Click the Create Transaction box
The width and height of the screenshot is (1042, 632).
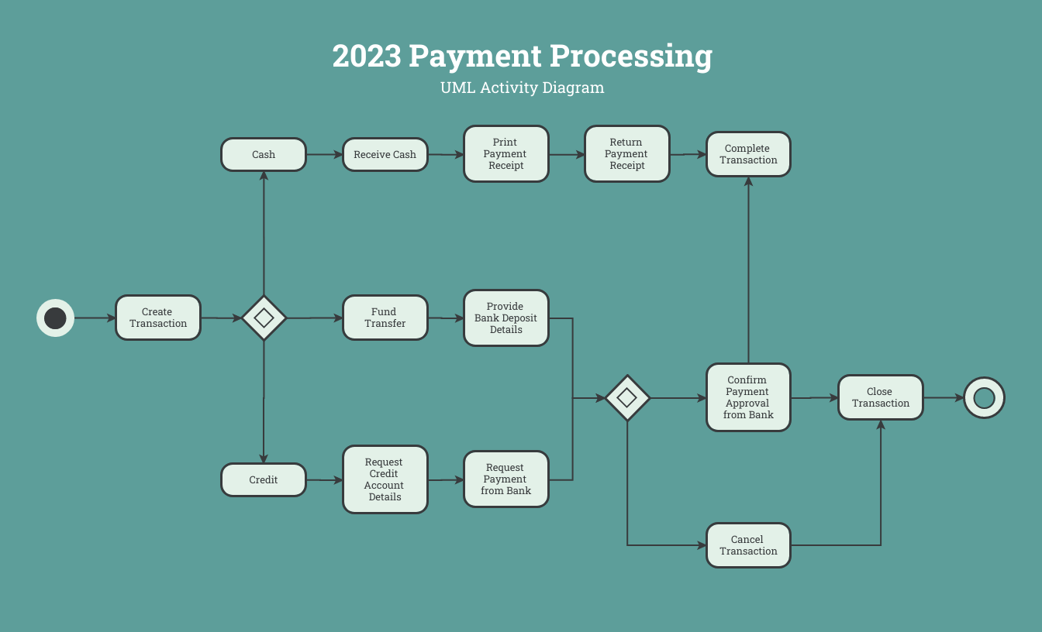[x=158, y=318]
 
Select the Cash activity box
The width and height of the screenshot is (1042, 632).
[x=264, y=154]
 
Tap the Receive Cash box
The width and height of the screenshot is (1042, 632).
[x=385, y=154]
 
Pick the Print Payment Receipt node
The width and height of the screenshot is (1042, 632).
[x=506, y=154]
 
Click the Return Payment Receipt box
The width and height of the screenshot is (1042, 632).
[x=627, y=154]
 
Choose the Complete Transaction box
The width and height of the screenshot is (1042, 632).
[x=748, y=154]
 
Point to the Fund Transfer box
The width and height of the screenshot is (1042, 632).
[x=385, y=318]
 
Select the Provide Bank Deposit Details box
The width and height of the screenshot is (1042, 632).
[x=506, y=318]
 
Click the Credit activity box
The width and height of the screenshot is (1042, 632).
[x=264, y=479]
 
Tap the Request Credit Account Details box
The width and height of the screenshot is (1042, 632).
[x=385, y=479]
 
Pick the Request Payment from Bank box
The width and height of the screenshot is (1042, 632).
[x=506, y=479]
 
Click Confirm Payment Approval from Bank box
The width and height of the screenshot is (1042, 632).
[x=748, y=397]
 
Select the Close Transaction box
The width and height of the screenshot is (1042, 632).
[x=881, y=397]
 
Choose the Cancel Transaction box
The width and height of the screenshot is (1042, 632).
[x=748, y=545]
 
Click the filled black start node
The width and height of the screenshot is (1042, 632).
[x=55, y=318]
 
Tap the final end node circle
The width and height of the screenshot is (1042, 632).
[x=985, y=398]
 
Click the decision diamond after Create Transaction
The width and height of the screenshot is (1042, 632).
[x=264, y=318]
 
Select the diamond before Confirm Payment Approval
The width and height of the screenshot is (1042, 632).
[x=627, y=398]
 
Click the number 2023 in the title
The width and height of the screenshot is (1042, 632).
[x=367, y=57]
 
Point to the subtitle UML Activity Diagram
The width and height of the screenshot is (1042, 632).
[x=522, y=88]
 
